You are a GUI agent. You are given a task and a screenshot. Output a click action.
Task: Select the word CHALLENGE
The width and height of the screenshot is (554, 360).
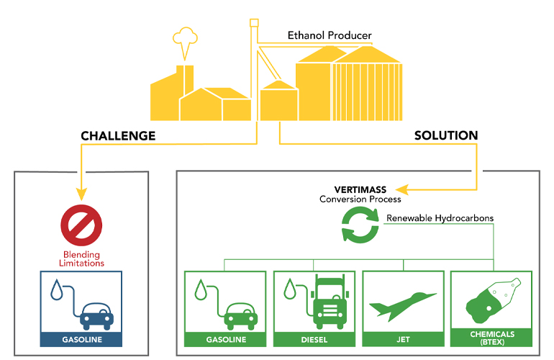[118, 135]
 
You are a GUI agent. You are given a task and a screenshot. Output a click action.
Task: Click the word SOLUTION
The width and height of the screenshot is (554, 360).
[446, 135]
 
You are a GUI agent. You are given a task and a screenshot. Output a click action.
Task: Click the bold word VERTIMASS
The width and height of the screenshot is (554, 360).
[360, 189]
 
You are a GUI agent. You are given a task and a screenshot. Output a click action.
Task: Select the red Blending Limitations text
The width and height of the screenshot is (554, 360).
[81, 258]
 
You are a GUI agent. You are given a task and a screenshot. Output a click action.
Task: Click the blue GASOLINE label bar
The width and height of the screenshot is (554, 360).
[81, 339]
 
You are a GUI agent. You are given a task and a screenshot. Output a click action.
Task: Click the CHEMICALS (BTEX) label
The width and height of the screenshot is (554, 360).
[492, 338]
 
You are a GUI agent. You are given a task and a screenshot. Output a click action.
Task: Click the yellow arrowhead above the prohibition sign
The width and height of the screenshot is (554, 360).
[81, 193]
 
